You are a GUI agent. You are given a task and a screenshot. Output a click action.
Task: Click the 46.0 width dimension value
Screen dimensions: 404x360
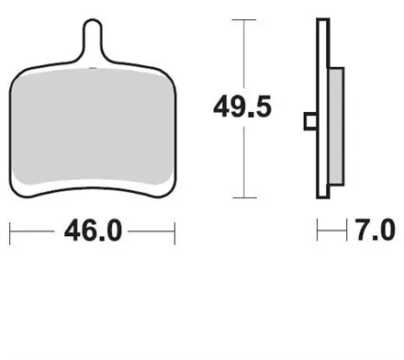click(x=93, y=231)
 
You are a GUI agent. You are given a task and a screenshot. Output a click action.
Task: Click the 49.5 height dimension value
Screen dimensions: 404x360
click(x=242, y=107)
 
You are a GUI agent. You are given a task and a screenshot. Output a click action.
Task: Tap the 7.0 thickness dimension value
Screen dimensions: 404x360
click(x=376, y=230)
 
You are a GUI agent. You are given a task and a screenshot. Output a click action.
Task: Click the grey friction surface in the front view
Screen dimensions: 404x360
click(x=92, y=127)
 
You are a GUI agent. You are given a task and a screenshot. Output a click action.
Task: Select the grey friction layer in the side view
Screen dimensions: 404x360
click(x=336, y=127)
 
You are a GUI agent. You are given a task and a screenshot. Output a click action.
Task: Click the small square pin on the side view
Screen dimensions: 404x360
click(x=310, y=121)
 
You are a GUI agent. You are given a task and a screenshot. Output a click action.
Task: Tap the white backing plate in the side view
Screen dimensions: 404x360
click(x=322, y=108)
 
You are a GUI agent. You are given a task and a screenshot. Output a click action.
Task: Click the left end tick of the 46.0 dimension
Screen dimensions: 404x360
click(x=10, y=233)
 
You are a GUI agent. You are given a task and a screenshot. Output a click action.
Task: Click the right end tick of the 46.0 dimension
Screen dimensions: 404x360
click(x=174, y=233)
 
